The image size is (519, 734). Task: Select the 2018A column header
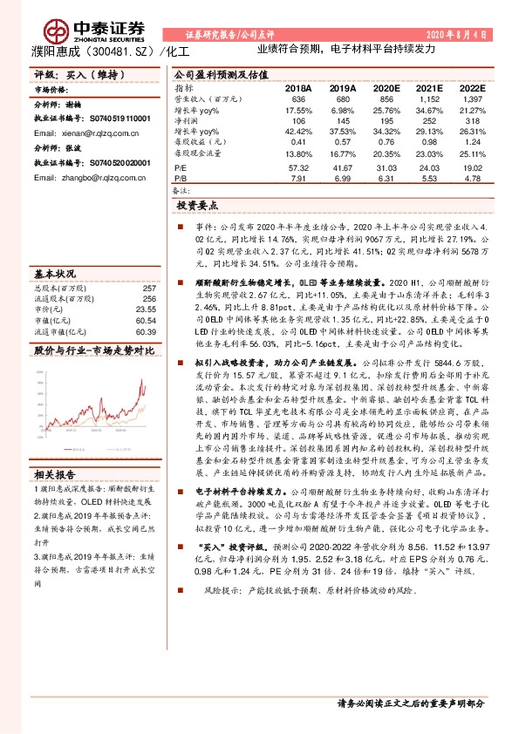[x=297, y=89]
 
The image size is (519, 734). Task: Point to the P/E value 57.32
[x=299, y=167]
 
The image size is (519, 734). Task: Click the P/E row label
[x=180, y=167]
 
